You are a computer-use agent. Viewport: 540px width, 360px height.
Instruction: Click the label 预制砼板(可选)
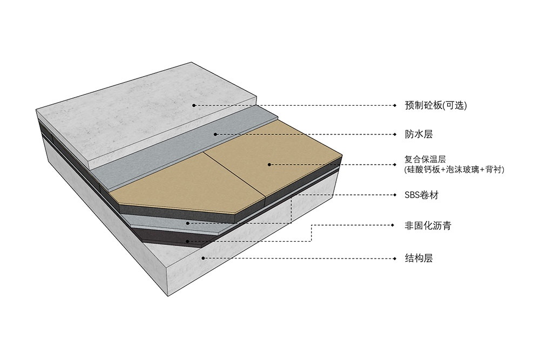[435, 106]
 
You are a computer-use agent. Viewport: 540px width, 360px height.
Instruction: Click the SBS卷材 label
[421, 195]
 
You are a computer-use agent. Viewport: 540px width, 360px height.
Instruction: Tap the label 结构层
[419, 258]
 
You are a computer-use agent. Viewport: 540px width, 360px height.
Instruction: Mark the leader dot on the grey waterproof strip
[215, 134]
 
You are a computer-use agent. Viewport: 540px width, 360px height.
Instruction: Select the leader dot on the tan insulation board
[269, 164]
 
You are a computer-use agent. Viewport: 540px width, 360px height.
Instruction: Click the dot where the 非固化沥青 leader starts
[188, 241]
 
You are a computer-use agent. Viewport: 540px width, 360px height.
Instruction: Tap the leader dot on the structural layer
[203, 258]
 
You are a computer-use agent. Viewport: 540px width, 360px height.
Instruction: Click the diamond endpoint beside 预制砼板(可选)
[397, 106]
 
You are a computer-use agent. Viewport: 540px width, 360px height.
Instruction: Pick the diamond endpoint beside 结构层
[397, 258]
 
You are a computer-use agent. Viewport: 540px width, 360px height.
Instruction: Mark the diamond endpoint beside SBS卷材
[397, 195]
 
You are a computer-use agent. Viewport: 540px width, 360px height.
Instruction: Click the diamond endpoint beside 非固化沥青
[397, 226]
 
